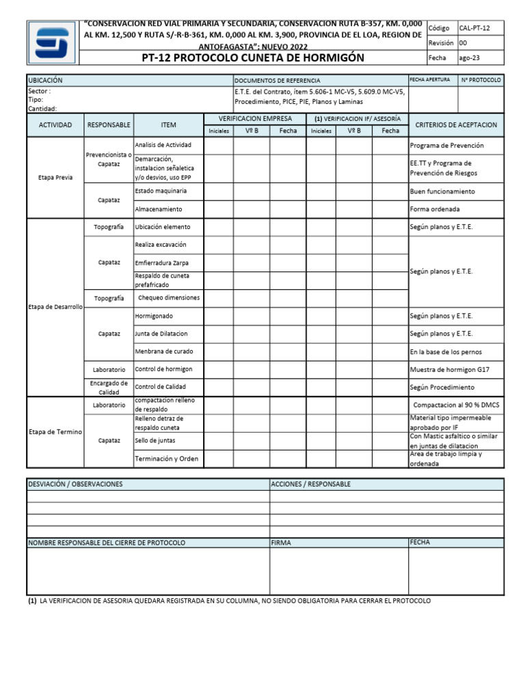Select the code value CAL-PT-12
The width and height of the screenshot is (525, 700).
click(474, 28)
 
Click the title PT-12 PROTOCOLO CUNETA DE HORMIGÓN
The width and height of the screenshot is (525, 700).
click(252, 58)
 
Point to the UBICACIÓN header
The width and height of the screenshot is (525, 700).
click(45, 81)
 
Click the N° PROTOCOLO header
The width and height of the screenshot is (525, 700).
click(481, 80)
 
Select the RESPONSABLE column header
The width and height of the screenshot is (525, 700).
click(109, 125)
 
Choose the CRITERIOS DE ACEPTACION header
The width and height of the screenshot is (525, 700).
click(456, 125)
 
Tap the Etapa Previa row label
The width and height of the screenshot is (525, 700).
click(55, 177)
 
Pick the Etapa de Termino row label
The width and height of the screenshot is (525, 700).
click(55, 432)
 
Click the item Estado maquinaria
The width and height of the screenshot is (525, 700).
click(161, 191)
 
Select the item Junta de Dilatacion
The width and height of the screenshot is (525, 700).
click(161, 334)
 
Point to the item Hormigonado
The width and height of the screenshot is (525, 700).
click(154, 316)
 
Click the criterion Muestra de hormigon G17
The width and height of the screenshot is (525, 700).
click(449, 369)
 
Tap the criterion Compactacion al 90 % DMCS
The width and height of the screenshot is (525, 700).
click(456, 405)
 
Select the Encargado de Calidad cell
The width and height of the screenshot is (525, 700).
click(109, 388)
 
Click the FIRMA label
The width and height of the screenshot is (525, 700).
click(281, 542)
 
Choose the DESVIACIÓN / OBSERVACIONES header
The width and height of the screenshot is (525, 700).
click(75, 484)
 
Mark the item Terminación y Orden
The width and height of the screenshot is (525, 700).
click(166, 459)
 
